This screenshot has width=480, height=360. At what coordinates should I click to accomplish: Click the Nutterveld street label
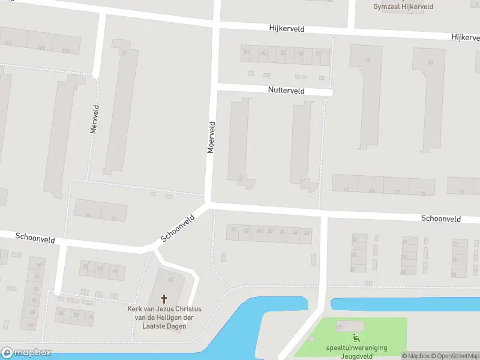coord(286,91)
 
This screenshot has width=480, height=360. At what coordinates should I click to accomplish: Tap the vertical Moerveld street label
coord(211,137)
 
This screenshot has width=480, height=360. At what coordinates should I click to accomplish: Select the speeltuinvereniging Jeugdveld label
coord(356,352)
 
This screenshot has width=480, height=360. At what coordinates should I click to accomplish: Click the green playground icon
coord(356,338)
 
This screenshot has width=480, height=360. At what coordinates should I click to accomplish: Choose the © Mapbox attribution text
coord(415,356)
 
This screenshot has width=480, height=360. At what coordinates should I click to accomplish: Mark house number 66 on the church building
coord(171,279)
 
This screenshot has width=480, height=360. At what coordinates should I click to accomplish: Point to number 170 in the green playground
coord(339,328)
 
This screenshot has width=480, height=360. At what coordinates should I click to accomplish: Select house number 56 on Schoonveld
coord(233,230)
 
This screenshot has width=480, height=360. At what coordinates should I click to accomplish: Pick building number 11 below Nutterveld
coord(302,181)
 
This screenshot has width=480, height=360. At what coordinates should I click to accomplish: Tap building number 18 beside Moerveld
coord(240,178)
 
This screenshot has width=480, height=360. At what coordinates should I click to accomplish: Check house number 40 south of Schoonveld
coord(352,269)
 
